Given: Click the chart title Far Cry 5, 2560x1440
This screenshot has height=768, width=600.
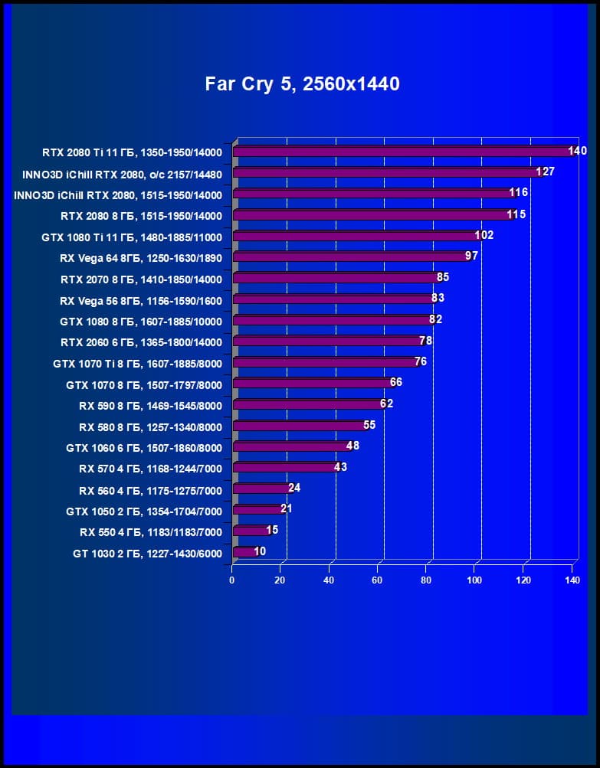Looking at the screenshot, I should [x=302, y=84].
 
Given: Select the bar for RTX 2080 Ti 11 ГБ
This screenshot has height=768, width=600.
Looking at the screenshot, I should [x=402, y=152].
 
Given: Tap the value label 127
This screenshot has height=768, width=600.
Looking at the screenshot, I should [x=546, y=172].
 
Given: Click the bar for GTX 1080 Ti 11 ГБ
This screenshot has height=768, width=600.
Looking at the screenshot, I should [x=356, y=236].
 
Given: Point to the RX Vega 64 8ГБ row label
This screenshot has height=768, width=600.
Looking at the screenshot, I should [x=140, y=258].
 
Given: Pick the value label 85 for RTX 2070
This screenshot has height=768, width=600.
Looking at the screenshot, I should [x=442, y=277].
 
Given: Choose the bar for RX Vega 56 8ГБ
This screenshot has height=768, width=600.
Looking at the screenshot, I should [x=333, y=299].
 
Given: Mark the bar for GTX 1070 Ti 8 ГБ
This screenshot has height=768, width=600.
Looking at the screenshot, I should [x=325, y=362].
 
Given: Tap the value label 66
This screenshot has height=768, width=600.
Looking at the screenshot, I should [x=395, y=382].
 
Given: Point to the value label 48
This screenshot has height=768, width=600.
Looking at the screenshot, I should [x=352, y=446].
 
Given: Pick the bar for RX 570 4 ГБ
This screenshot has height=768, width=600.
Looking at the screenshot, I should [x=285, y=467].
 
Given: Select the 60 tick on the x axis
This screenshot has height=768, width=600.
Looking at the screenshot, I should [x=377, y=580].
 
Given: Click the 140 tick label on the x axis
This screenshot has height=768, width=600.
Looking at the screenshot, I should [x=572, y=580].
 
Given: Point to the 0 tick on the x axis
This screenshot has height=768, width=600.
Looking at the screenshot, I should [x=232, y=580].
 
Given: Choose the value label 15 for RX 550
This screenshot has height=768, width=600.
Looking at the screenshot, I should [x=272, y=530].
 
